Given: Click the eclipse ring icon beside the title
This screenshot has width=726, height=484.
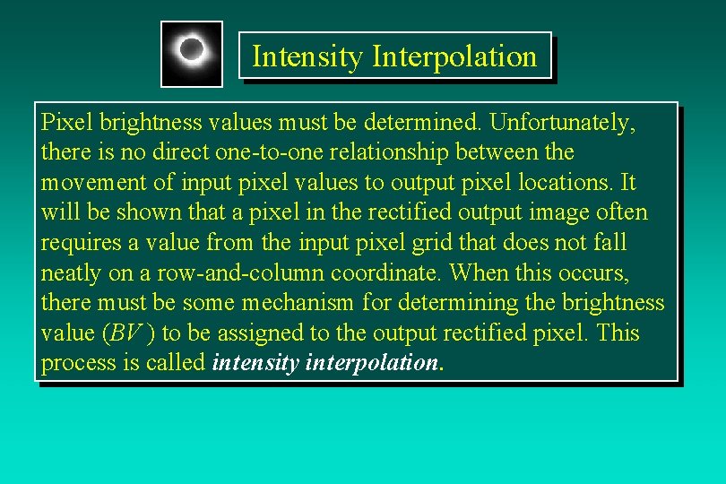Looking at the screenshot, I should tap(192, 52).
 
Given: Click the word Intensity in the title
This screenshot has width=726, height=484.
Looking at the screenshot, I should tap(307, 56).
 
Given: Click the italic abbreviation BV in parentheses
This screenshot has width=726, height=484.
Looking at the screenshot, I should tap(125, 333).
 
